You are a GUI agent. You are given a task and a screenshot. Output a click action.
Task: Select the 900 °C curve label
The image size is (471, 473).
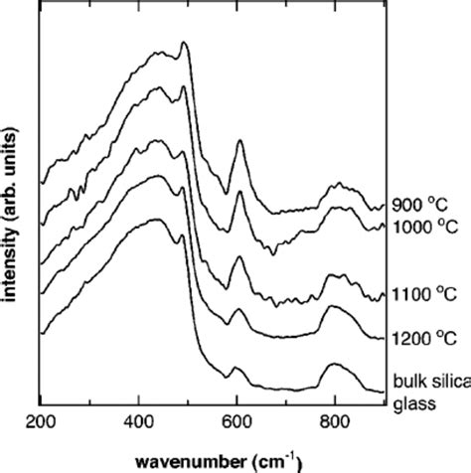point(415,196)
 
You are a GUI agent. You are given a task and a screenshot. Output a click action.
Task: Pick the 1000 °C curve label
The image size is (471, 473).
point(419,226)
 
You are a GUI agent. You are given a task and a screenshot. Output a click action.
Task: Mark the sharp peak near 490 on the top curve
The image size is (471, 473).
point(184,44)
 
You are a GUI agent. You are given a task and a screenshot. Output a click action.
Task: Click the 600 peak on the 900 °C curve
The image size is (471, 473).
point(239,142)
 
